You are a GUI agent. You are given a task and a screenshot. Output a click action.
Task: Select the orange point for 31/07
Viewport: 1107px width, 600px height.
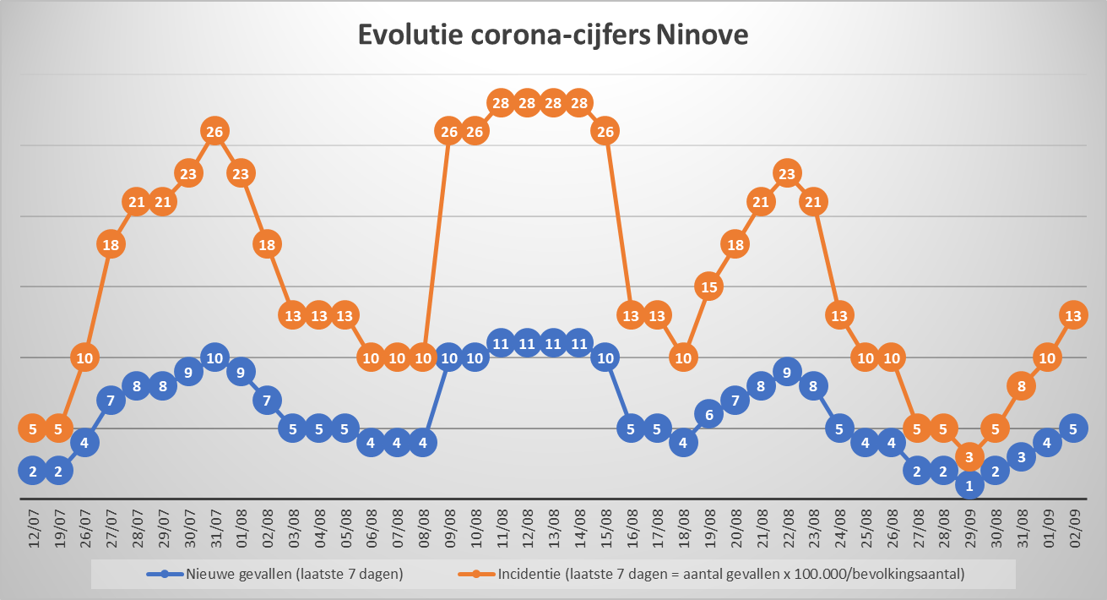pos(214,131)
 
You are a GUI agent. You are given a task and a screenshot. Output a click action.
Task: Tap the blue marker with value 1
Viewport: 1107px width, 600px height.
pos(969,485)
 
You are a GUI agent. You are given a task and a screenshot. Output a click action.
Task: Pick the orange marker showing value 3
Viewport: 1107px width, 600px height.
pos(969,457)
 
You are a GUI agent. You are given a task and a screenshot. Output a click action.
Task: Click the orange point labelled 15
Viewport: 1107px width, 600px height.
pos(709,286)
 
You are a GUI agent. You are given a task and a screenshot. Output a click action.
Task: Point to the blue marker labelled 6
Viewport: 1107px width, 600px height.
pos(709,414)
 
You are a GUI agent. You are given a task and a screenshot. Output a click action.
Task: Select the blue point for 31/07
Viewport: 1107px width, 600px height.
pos(214,357)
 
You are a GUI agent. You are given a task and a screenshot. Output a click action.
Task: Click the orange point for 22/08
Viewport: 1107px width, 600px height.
pos(787,173)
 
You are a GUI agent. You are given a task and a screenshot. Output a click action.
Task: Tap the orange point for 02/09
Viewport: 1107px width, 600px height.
pos(1073,315)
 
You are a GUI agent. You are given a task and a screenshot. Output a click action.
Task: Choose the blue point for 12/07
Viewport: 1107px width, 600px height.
pos(33,471)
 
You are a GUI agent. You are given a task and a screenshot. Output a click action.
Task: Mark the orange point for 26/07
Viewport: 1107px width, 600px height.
pos(84,357)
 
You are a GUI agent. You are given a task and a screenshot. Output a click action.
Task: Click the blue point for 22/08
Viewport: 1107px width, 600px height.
pos(787,372)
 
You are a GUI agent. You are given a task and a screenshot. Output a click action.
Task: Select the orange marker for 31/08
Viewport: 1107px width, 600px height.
pos(1021,386)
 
